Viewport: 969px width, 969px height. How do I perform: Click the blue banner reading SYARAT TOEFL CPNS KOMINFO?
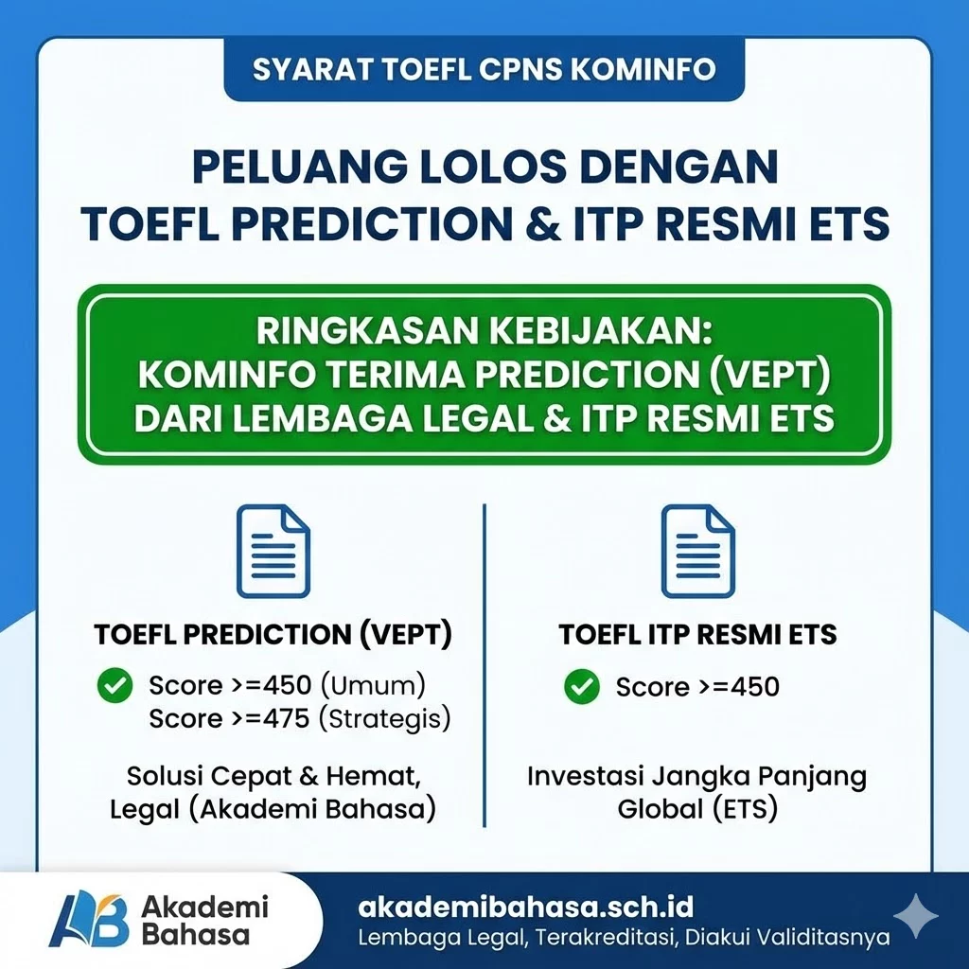(484, 70)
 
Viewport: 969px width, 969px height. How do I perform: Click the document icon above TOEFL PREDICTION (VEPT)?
(273, 551)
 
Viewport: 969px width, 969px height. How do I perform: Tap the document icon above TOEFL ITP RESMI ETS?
(697, 551)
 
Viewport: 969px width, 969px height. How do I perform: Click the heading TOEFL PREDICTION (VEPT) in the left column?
(273, 635)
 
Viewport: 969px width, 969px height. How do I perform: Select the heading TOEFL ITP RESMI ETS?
(697, 634)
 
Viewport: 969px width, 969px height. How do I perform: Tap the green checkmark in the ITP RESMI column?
(582, 687)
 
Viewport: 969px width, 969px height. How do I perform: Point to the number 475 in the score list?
(287, 719)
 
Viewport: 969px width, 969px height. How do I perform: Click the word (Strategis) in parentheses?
(384, 719)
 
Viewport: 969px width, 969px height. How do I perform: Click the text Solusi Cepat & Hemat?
(273, 778)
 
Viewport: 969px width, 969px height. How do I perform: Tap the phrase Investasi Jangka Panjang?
(697, 778)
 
